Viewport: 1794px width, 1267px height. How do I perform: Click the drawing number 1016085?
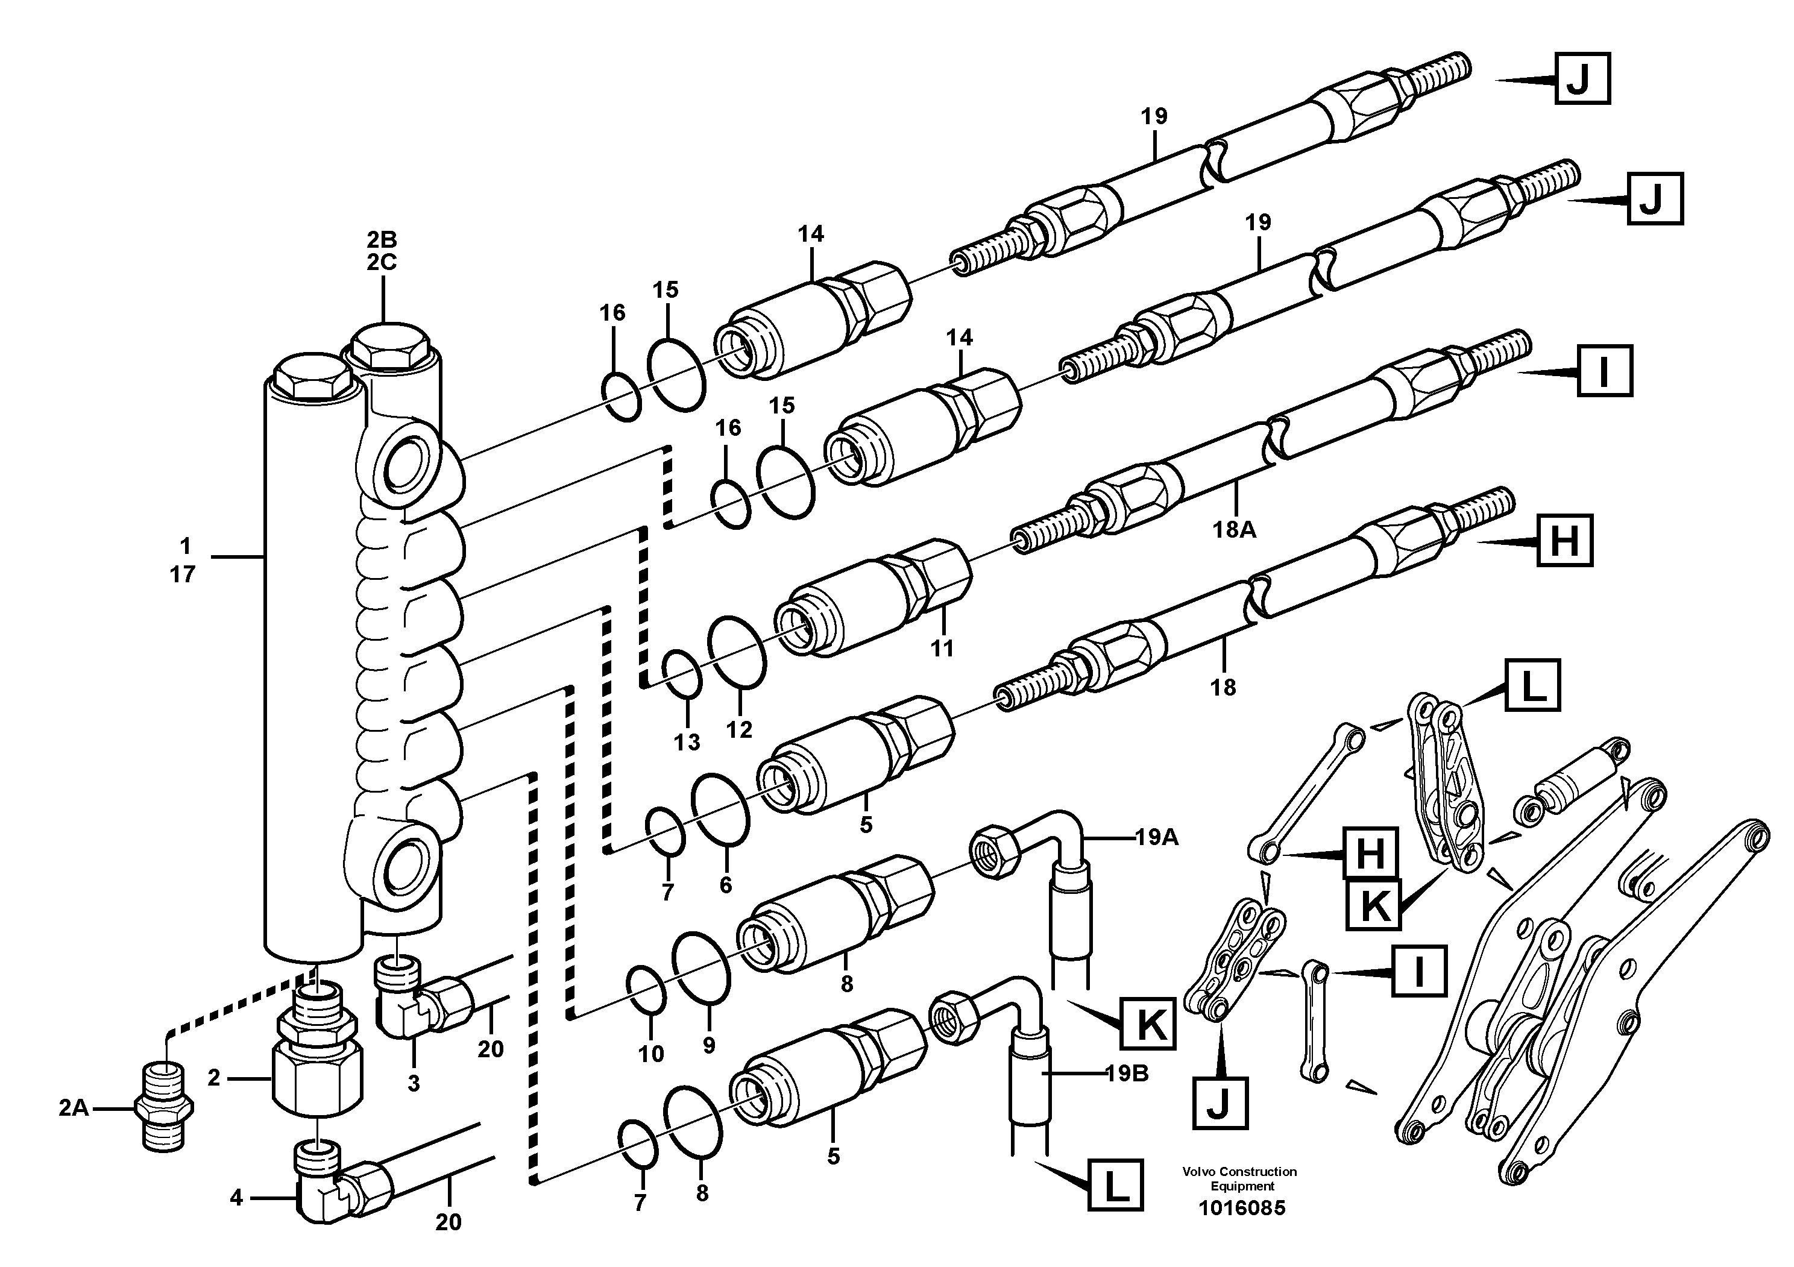tap(1242, 1209)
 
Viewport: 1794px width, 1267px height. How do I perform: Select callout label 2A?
tap(74, 1108)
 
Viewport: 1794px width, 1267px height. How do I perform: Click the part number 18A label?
tap(1235, 530)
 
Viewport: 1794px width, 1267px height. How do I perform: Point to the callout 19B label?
tap(1127, 1074)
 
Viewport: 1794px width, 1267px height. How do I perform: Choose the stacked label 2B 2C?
tap(382, 251)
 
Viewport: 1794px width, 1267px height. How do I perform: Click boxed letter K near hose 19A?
tap(1148, 1024)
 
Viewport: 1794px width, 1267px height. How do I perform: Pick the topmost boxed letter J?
tap(1581, 78)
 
